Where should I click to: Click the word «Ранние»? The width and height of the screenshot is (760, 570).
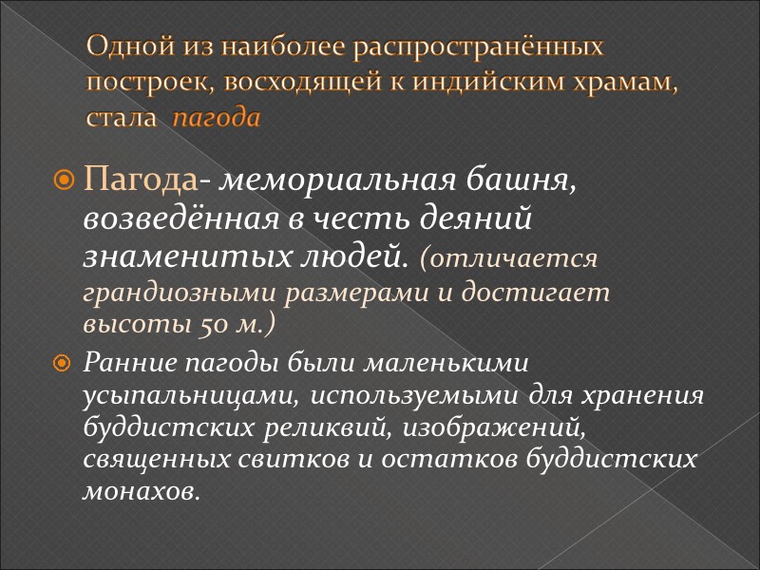(129, 362)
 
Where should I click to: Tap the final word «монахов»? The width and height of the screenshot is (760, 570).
(142, 491)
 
